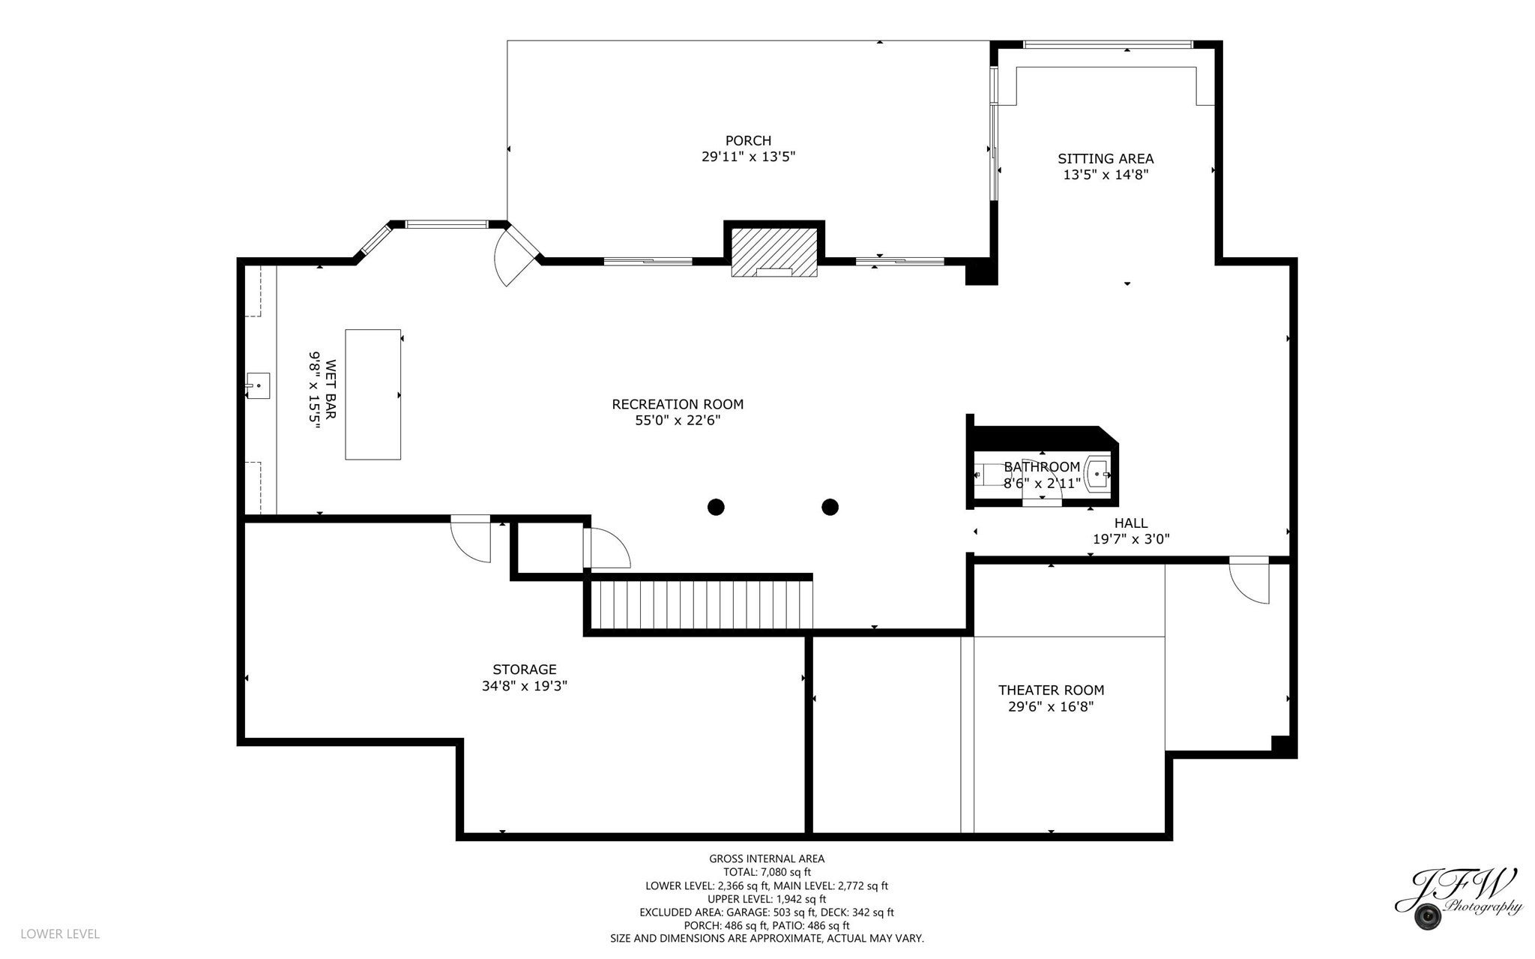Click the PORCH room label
(748, 140)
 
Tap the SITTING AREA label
(1106, 158)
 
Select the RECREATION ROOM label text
(678, 404)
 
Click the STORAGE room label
(525, 670)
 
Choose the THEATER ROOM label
(1051, 690)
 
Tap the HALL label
(1131, 523)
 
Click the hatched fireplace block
(774, 252)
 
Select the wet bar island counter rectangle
(373, 394)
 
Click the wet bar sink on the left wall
(258, 385)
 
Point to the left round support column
(716, 508)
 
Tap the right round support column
(830, 508)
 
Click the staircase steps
(702, 605)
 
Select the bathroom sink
(1099, 473)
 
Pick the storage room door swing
(471, 538)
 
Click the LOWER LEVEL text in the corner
(60, 934)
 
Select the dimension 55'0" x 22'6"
(678, 421)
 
